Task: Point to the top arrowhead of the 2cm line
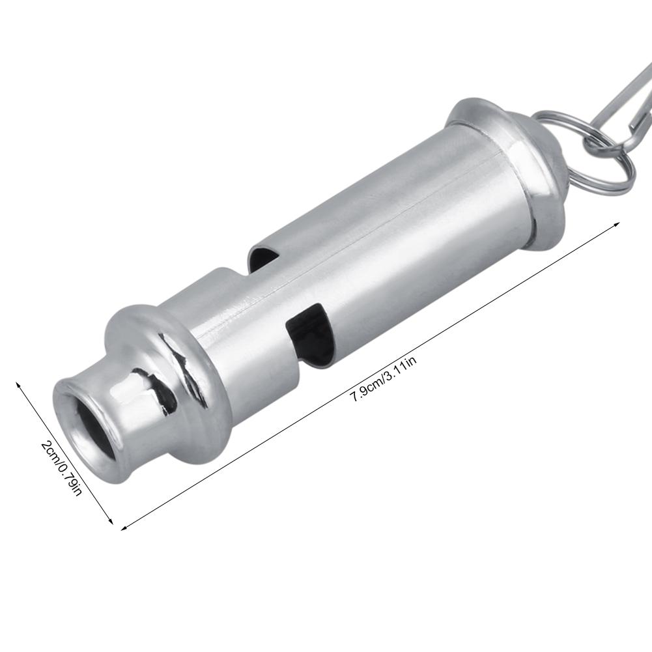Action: (x=18, y=384)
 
